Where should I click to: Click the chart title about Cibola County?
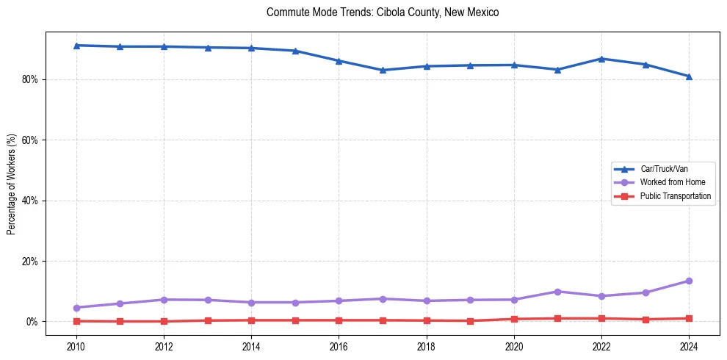click(383, 12)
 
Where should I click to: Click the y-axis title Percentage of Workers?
click(12, 184)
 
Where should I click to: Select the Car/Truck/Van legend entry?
click(664, 169)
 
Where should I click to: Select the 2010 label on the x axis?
click(76, 346)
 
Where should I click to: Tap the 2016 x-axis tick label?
click(339, 346)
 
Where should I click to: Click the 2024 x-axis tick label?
click(689, 346)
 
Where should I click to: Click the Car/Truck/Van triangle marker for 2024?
click(689, 76)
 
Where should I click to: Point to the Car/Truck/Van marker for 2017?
click(383, 71)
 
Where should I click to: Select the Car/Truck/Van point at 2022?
click(601, 59)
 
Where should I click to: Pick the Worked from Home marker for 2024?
click(689, 281)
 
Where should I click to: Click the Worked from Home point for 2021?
click(557, 292)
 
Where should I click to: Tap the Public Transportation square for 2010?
click(76, 321)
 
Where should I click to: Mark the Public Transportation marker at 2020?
click(514, 319)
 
